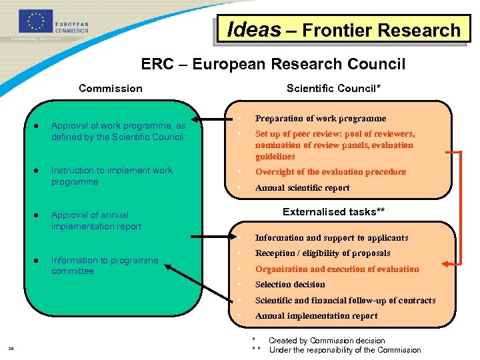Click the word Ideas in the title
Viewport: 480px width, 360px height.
tap(254, 30)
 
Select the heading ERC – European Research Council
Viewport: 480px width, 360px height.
tap(273, 64)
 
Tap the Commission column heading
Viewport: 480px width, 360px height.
tap(111, 88)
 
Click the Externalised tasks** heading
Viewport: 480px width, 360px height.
tap(333, 212)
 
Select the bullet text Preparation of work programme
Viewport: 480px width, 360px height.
tap(321, 119)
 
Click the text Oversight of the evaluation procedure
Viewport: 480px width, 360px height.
tap(330, 172)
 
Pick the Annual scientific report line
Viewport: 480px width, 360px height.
tap(302, 188)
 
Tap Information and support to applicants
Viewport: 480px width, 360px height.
tap(331, 238)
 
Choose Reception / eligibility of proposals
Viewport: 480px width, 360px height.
tap(323, 253)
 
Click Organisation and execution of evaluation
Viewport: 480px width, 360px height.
tap(337, 269)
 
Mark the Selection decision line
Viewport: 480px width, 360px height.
tap(290, 285)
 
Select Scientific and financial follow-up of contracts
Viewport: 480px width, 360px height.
tap(345, 301)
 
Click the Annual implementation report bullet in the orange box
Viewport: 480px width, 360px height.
tap(316, 316)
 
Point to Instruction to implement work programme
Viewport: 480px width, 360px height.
tap(111, 176)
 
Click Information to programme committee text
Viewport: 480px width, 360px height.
tap(105, 265)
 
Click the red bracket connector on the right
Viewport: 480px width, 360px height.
tap(459, 207)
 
